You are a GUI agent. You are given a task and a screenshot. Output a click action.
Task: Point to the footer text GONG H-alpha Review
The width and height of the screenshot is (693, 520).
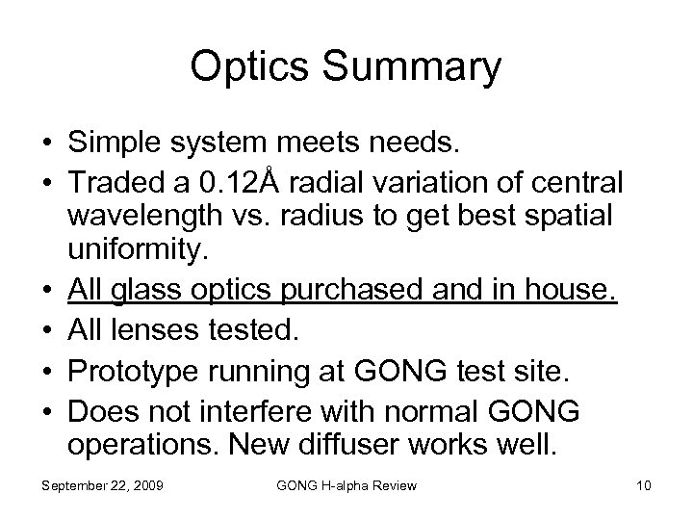pos(346,485)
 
